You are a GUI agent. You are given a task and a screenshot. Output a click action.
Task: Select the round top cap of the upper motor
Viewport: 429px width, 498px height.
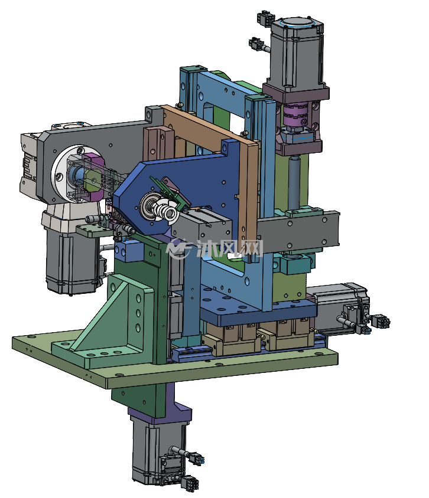point(296,23)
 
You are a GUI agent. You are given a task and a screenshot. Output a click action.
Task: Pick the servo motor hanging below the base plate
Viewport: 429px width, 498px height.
point(159,451)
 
